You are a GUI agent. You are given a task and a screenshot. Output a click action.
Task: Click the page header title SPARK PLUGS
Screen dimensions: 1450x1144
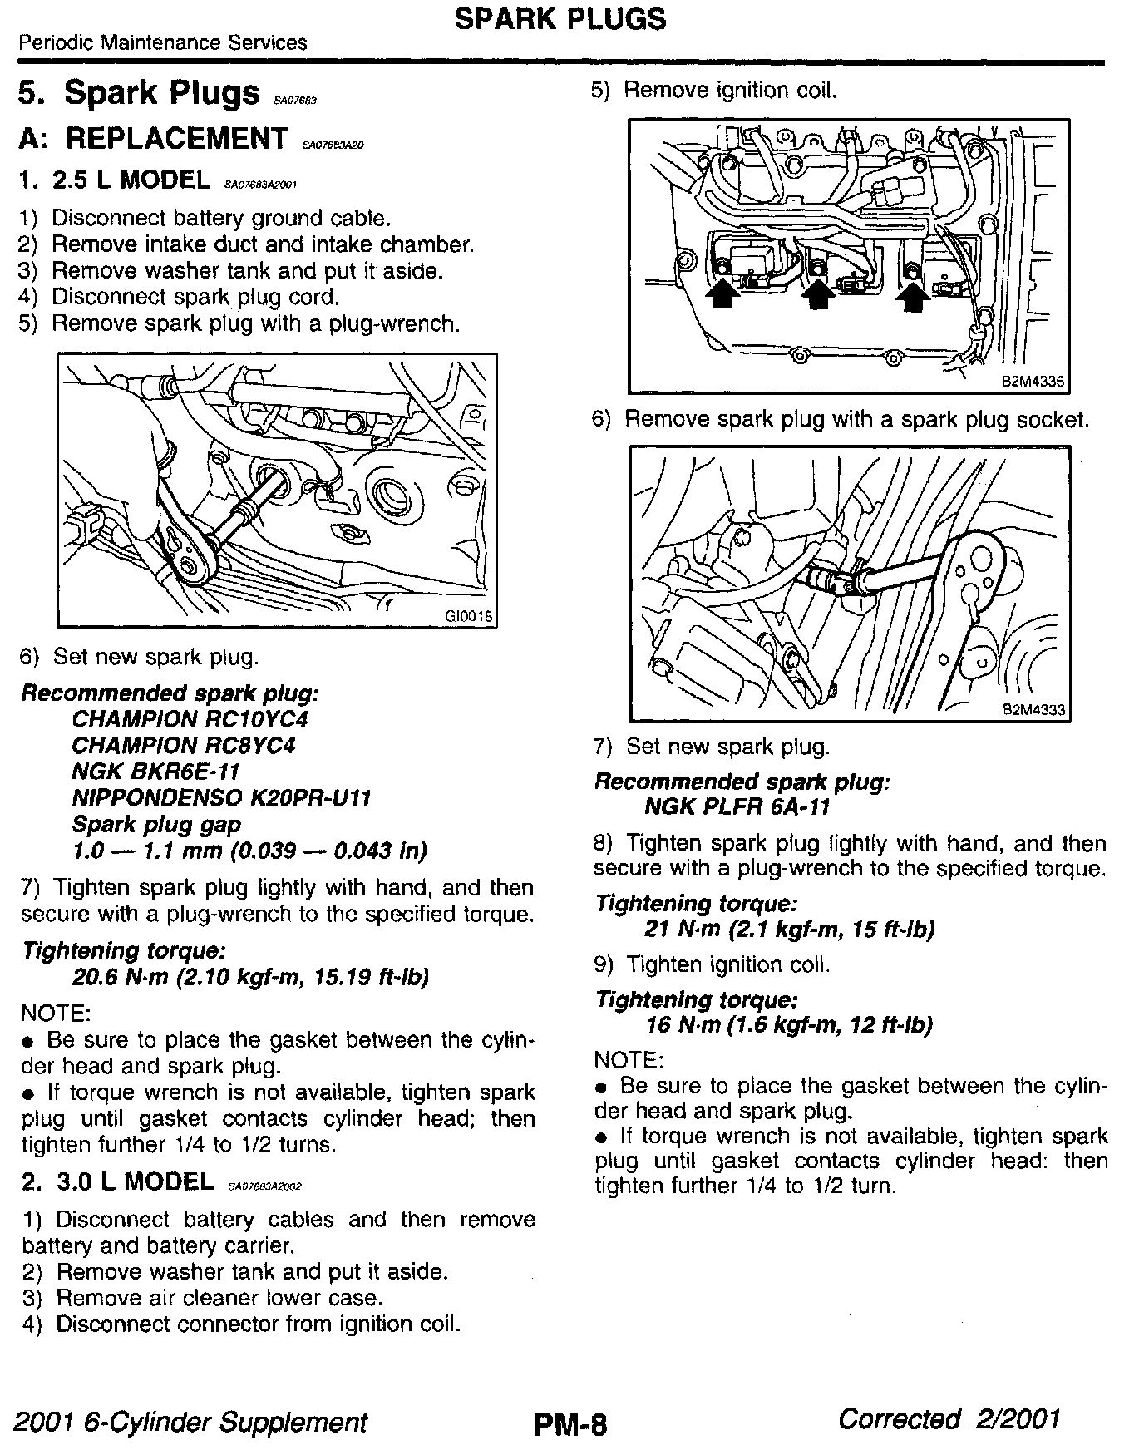coord(560,19)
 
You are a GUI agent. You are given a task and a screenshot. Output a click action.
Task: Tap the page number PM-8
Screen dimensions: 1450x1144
coord(570,1425)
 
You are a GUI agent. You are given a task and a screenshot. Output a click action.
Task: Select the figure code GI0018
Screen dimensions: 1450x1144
coord(469,617)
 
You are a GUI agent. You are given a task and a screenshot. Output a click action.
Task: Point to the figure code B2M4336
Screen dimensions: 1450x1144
coord(1033,382)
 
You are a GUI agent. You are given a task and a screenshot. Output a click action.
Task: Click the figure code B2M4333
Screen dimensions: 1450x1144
coord(1033,711)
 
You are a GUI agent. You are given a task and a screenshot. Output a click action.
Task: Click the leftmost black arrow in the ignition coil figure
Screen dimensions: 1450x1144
coord(722,294)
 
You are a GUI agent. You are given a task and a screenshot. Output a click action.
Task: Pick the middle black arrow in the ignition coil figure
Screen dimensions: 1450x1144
coord(818,294)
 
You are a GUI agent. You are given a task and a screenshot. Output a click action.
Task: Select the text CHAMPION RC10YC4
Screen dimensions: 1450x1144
coord(190,719)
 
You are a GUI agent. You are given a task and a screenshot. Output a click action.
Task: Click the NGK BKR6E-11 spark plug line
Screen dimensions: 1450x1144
coord(155,772)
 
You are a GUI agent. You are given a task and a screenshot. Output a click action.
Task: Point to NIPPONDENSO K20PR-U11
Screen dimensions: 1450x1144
coord(221,798)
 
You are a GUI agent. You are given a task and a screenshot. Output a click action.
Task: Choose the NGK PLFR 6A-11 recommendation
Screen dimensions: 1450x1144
coord(737,806)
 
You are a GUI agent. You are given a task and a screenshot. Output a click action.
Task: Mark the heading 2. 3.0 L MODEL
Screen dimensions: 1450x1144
coord(116,1181)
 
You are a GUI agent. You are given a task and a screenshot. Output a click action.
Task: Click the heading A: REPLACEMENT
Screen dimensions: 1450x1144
coord(153,139)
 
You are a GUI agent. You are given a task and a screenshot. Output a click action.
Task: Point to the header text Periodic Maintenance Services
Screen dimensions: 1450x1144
coord(163,42)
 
